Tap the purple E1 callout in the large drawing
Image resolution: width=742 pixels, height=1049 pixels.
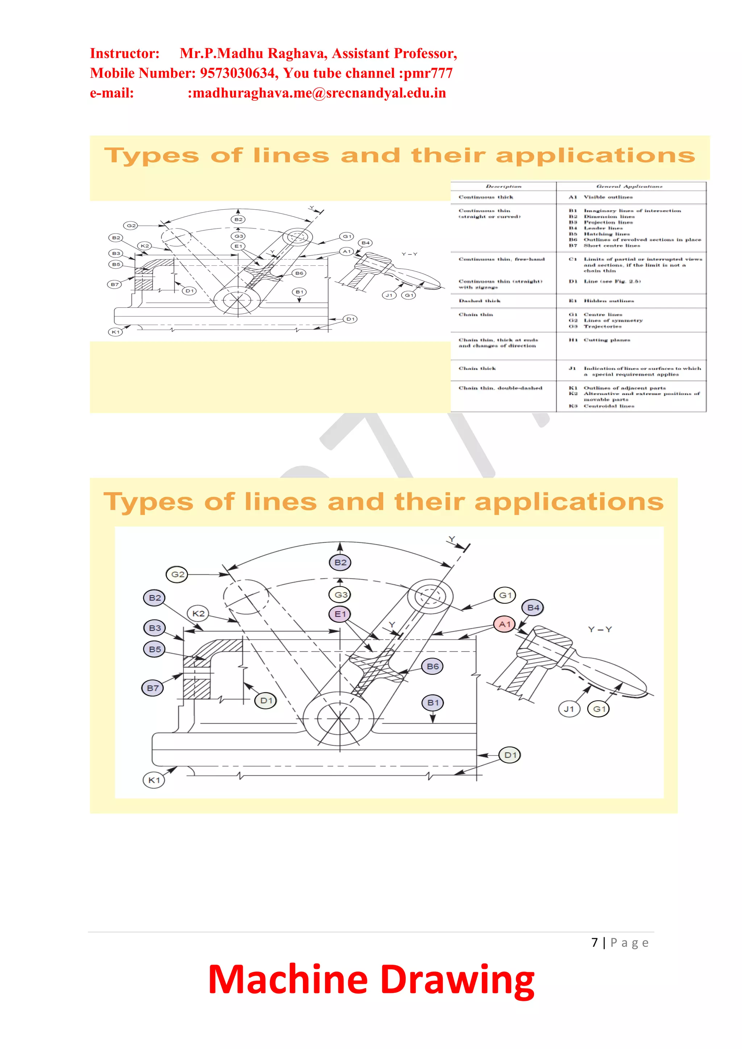[340, 614]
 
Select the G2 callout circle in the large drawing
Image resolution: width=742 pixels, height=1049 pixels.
[178, 574]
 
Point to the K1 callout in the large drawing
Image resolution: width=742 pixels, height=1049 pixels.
[154, 780]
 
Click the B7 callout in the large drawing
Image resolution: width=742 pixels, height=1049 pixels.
[153, 688]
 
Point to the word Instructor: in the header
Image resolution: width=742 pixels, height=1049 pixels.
[124, 54]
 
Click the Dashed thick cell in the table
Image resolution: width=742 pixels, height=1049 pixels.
[480, 301]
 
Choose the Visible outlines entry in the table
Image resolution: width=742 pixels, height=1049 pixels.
[608, 197]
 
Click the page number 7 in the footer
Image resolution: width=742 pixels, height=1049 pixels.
[594, 943]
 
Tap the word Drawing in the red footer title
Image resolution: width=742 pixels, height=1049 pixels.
[457, 979]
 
